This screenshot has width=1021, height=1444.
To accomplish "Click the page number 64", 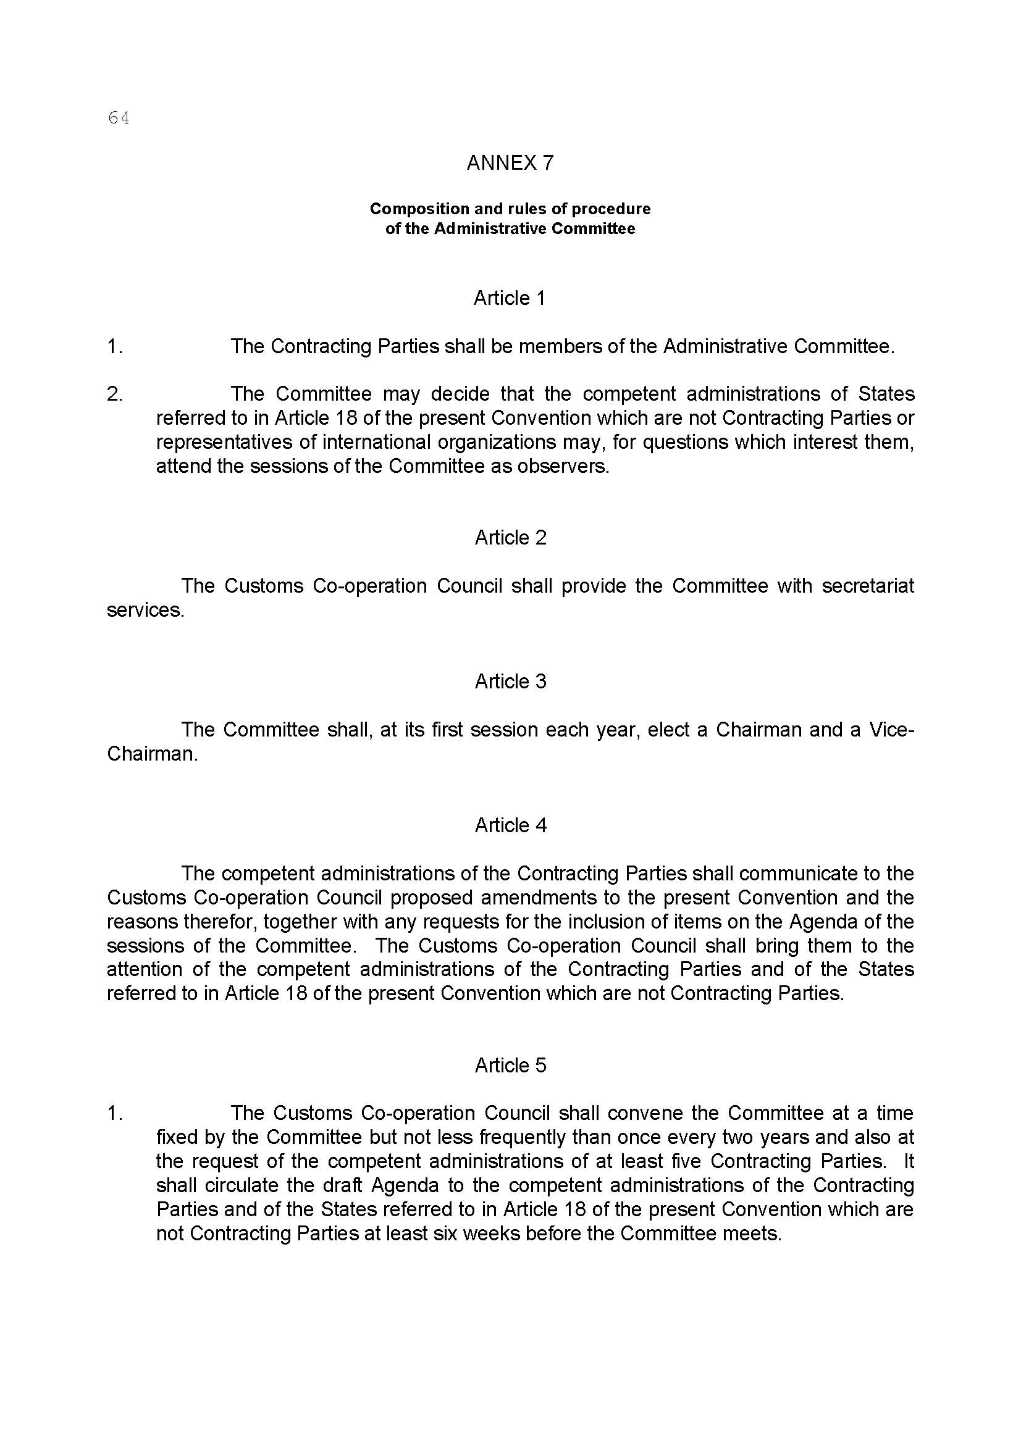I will [x=118, y=118].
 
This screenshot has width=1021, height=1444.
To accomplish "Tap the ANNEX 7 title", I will [x=510, y=163].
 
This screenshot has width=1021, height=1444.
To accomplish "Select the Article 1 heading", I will [x=510, y=298].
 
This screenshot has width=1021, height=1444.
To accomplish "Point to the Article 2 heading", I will [x=510, y=538].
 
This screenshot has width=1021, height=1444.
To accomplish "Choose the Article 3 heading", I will [x=510, y=682].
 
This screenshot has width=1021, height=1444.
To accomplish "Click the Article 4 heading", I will [x=510, y=825].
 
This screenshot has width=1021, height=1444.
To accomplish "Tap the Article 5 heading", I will [x=510, y=1066].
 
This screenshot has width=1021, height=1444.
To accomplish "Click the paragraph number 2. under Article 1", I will [x=114, y=394].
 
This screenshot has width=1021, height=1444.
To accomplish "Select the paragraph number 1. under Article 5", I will [x=114, y=1113].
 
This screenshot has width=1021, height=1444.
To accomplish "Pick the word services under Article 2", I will [x=145, y=611].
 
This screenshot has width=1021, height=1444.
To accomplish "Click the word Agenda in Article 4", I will [x=822, y=922].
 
